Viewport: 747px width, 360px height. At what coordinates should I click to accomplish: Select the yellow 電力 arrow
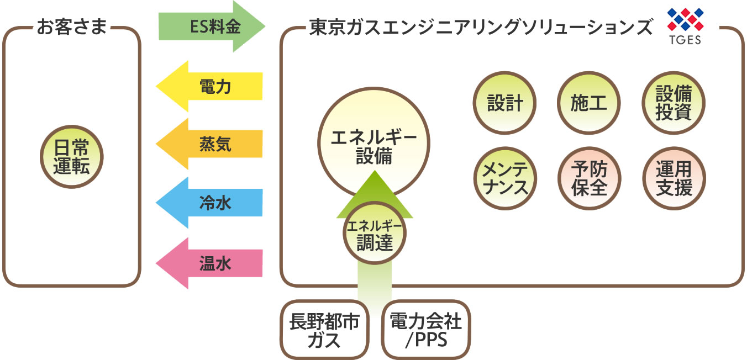pyautogui.click(x=210, y=87)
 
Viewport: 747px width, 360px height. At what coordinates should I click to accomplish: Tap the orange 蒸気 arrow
pyautogui.click(x=210, y=145)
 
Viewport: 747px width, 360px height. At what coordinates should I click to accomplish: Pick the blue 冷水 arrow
pyautogui.click(x=210, y=204)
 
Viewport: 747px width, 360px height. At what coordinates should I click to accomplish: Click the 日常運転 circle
pyautogui.click(x=71, y=156)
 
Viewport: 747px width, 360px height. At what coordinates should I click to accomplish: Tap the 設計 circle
pyautogui.click(x=505, y=103)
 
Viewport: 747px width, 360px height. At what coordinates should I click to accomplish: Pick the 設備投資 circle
pyautogui.click(x=674, y=103)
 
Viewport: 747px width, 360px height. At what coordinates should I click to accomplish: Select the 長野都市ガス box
pyautogui.click(x=324, y=330)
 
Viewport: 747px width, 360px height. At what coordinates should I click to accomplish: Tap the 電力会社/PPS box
pyautogui.click(x=425, y=330)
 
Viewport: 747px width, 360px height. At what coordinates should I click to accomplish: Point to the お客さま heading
pyautogui.click(x=71, y=27)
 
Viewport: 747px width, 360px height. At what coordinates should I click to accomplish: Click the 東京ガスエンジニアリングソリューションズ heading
pyautogui.click(x=481, y=27)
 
